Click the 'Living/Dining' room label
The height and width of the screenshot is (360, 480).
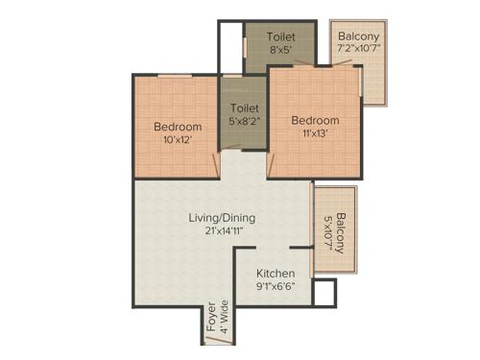tap(221, 217)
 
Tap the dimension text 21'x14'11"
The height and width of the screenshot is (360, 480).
tap(221, 231)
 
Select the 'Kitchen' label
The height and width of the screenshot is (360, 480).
tap(275, 273)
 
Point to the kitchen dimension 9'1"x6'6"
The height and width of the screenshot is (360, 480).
tap(275, 286)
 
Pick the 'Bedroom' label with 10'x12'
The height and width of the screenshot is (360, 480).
tap(178, 127)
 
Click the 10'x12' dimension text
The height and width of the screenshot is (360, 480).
tap(178, 140)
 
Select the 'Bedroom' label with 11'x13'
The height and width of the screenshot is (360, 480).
tap(316, 120)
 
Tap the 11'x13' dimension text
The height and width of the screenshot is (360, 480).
tap(316, 133)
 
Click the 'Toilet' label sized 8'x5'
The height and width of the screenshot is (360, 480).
tap(281, 36)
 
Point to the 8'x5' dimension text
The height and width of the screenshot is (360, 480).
tap(281, 50)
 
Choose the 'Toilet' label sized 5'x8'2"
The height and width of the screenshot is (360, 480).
tap(244, 108)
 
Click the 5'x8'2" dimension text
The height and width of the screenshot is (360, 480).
tap(244, 122)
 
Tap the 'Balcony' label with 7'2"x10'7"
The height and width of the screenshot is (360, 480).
tap(358, 36)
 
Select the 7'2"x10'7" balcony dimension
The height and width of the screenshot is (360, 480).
tap(358, 50)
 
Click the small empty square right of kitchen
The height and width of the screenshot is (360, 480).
tap(324, 293)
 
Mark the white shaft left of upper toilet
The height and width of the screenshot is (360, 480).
tap(229, 47)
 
